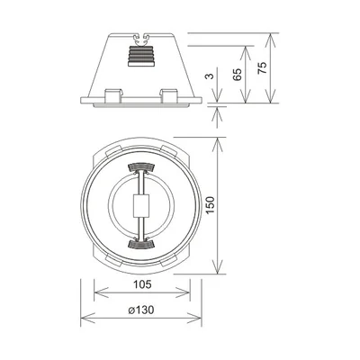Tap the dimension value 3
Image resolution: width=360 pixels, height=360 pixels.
pos(210,78)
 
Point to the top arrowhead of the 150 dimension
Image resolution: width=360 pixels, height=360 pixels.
pos(216,141)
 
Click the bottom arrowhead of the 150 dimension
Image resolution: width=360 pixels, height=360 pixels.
pos(216,271)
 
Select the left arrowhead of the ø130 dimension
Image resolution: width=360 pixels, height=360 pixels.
pos(84,318)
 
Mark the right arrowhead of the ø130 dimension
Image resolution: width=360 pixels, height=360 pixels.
pos(197,318)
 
